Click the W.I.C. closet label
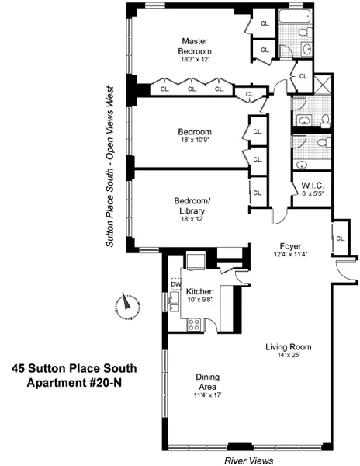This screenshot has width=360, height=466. [312, 185]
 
